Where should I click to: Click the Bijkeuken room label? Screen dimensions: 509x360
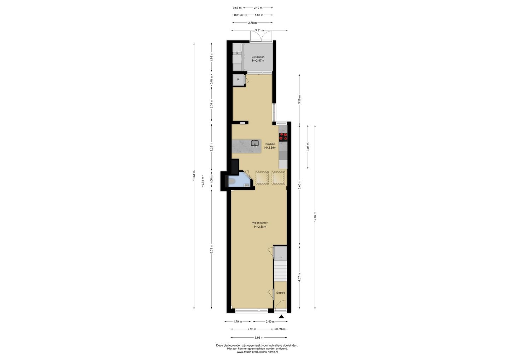point(258,57)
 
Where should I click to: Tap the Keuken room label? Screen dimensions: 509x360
point(270,144)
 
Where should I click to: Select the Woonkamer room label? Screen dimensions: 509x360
point(260,223)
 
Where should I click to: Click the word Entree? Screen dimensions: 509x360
point(281,293)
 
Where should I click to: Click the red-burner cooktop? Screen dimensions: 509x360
point(283,137)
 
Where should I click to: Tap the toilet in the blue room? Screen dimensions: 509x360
point(299,181)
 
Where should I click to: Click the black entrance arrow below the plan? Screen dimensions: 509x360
point(281,317)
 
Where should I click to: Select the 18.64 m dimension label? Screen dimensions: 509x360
point(194,175)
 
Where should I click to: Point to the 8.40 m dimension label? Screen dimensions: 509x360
point(299,185)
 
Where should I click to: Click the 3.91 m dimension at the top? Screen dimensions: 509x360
point(259,30)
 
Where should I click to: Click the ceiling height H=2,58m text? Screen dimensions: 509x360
point(260,227)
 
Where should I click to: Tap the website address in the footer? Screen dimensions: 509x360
point(257,352)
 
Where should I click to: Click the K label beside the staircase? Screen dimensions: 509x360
point(281,257)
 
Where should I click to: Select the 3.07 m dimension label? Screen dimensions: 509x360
point(308,147)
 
